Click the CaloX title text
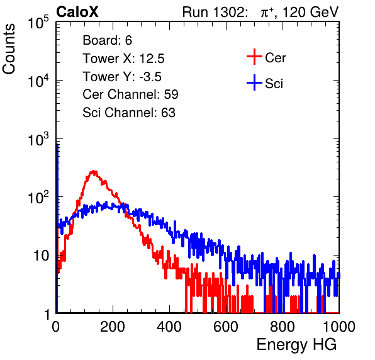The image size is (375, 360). [x=77, y=12]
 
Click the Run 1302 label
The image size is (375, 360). [x=215, y=12]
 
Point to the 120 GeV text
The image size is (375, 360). [x=311, y=12]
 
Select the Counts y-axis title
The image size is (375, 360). [x=9, y=49]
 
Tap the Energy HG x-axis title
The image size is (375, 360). [x=296, y=345]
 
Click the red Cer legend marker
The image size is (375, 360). [x=254, y=57]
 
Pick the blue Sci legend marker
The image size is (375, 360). [x=254, y=83]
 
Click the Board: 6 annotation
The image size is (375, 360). [x=107, y=40]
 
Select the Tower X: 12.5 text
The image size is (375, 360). [x=123, y=59]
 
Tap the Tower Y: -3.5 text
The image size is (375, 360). [x=122, y=77]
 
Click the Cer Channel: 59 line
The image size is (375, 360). [x=130, y=94]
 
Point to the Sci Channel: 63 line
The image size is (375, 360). [x=129, y=113]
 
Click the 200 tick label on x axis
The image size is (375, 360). [x=113, y=327]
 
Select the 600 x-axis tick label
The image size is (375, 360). [x=226, y=327]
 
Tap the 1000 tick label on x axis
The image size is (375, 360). [x=339, y=327]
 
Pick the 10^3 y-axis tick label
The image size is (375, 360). [x=38, y=139]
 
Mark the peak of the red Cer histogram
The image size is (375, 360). [x=94, y=171]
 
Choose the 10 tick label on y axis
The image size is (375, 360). [x=42, y=256]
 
